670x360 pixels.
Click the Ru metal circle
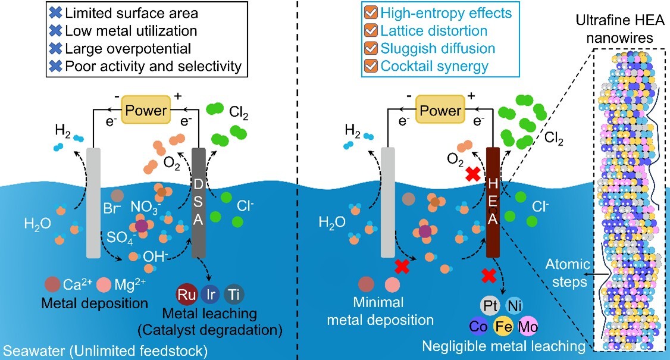tap(187, 296)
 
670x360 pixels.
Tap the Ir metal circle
tap(209, 296)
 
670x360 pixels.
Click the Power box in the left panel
tap(146, 110)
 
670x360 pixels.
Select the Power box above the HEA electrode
tap(440, 111)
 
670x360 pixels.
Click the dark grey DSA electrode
tap(198, 202)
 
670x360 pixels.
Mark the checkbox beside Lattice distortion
tap(370, 30)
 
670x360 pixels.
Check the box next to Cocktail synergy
tap(370, 67)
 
